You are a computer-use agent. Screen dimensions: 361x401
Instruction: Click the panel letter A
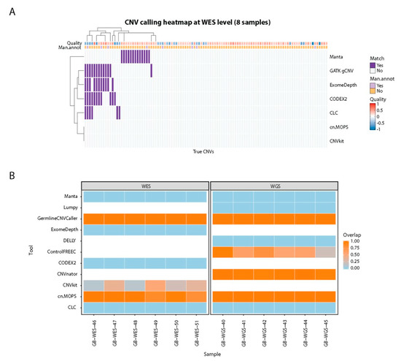pyautogui.click(x=9, y=10)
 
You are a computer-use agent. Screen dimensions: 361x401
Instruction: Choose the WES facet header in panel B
pyautogui.click(x=144, y=185)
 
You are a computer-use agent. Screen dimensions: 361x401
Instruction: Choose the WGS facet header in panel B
pyautogui.click(x=274, y=185)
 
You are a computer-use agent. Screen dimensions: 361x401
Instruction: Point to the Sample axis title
pyautogui.click(x=209, y=352)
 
